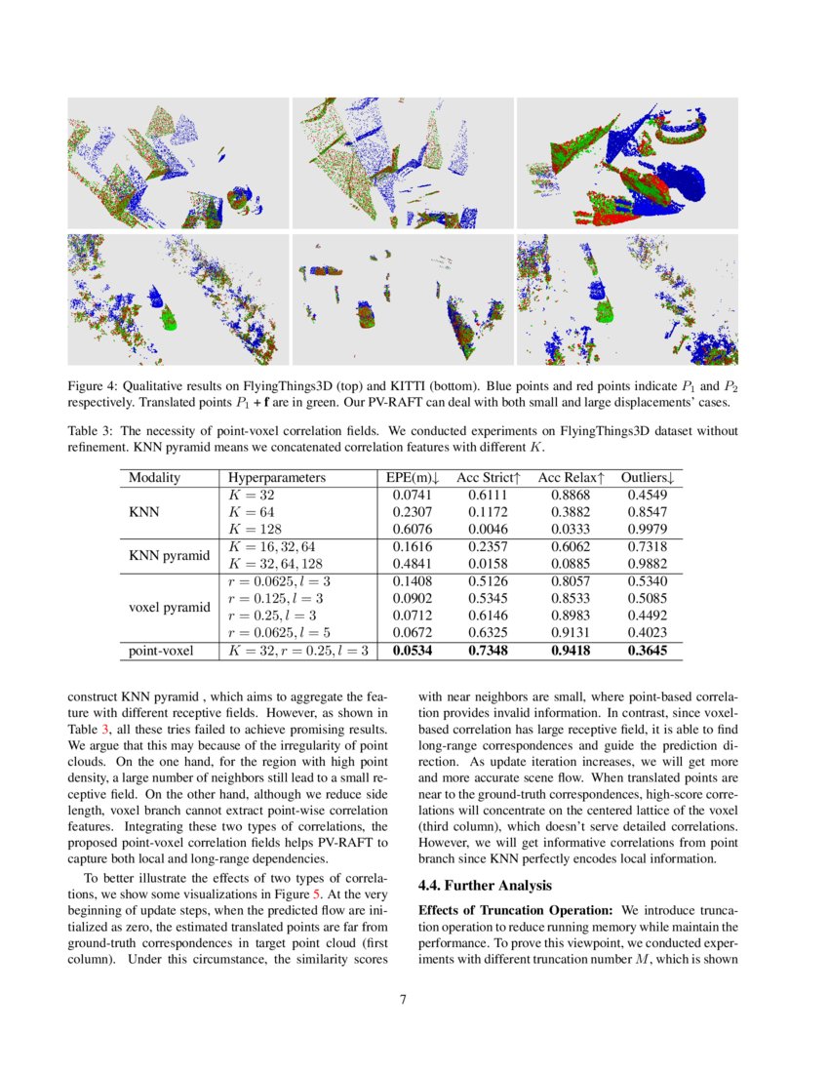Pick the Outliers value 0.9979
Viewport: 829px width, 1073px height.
pyautogui.click(x=649, y=529)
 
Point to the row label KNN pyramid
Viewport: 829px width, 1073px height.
pyautogui.click(x=170, y=555)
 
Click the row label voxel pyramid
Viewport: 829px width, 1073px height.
pyautogui.click(x=170, y=607)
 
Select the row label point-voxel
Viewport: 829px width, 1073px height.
pyautogui.click(x=162, y=650)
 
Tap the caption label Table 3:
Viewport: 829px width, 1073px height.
pyautogui.click(x=92, y=430)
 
